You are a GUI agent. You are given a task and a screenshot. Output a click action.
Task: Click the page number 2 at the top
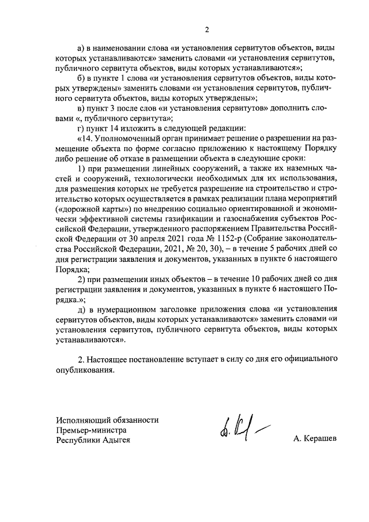point(206,29)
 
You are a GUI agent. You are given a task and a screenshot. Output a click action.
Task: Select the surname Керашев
point(315,440)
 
